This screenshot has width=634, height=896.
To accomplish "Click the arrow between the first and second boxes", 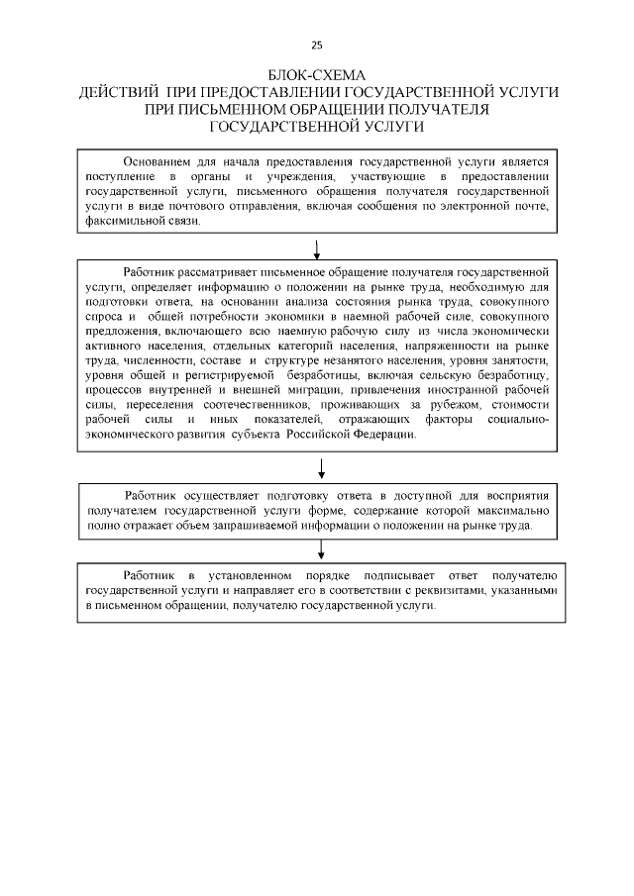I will pyautogui.click(x=317, y=247).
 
